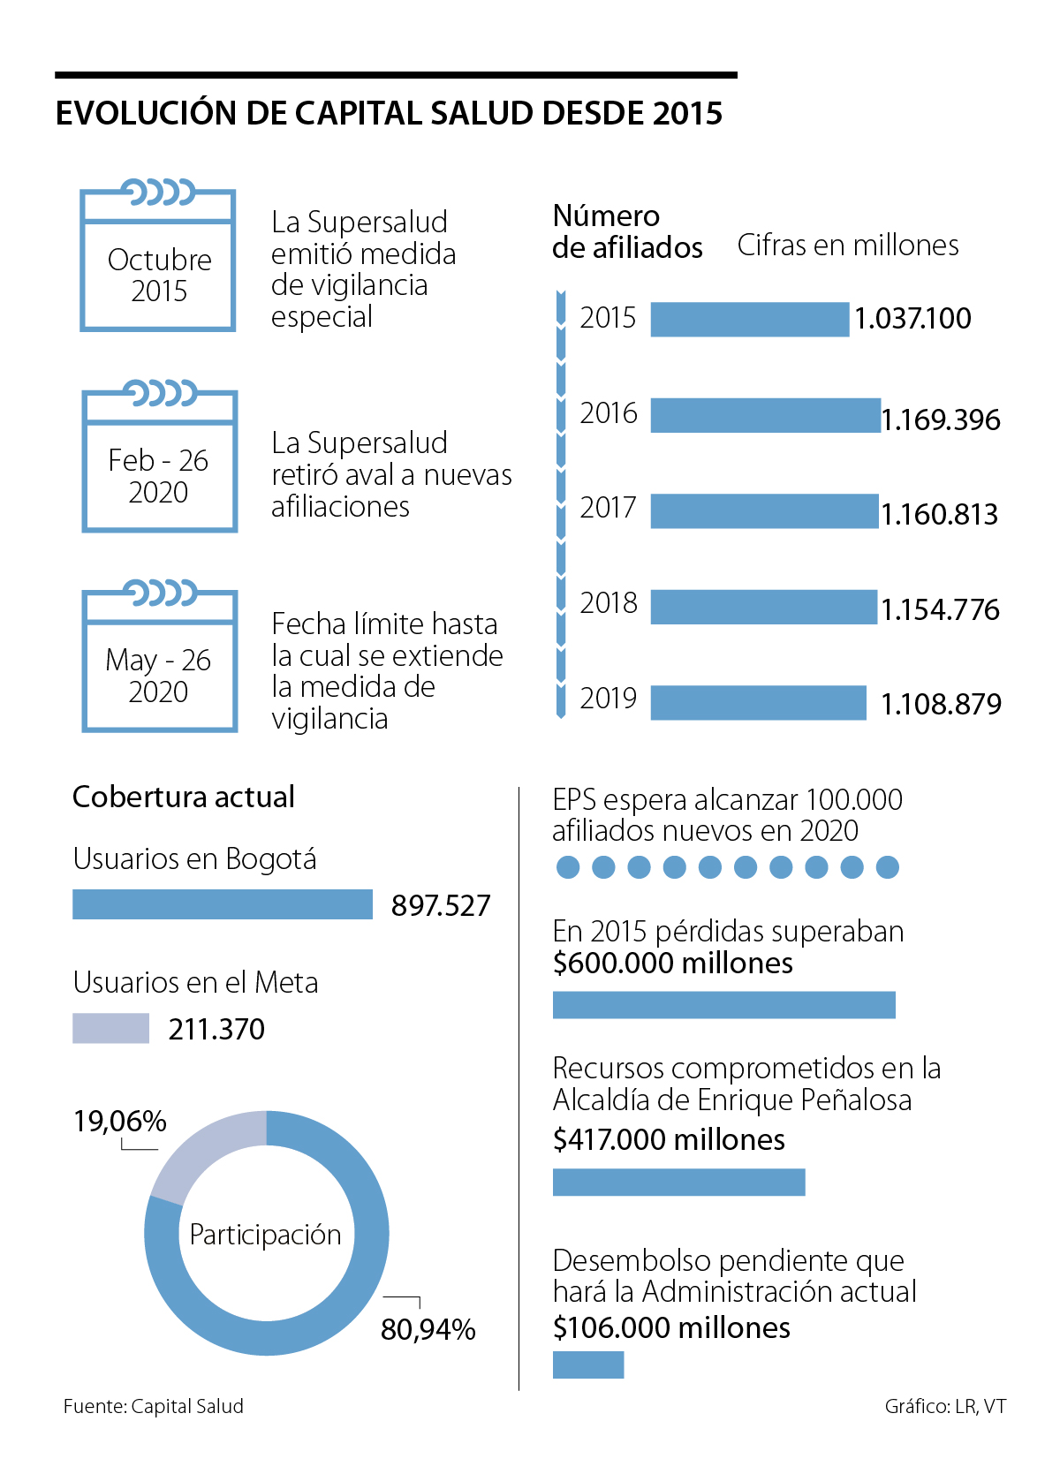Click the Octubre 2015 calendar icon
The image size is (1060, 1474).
click(158, 259)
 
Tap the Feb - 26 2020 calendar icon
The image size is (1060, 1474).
click(159, 459)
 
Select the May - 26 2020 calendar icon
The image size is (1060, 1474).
click(159, 660)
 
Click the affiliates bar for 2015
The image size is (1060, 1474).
click(749, 319)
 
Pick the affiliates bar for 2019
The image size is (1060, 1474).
click(758, 703)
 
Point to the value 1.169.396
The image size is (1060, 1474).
click(941, 420)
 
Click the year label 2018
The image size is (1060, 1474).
click(608, 603)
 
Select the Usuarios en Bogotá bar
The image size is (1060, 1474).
click(222, 904)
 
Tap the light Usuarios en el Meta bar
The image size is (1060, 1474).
click(110, 1028)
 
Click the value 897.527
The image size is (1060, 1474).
click(440, 906)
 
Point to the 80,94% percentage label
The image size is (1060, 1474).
click(428, 1329)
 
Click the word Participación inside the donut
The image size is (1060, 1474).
click(265, 1235)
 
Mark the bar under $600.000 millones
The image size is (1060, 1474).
click(723, 1005)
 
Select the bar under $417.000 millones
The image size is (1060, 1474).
click(678, 1183)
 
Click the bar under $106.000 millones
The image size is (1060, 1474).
click(588, 1364)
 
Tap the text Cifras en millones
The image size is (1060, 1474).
click(847, 246)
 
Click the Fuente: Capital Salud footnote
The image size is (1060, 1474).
click(153, 1406)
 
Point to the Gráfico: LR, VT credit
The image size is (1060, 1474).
click(944, 1406)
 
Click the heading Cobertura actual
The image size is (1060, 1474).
click(183, 797)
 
